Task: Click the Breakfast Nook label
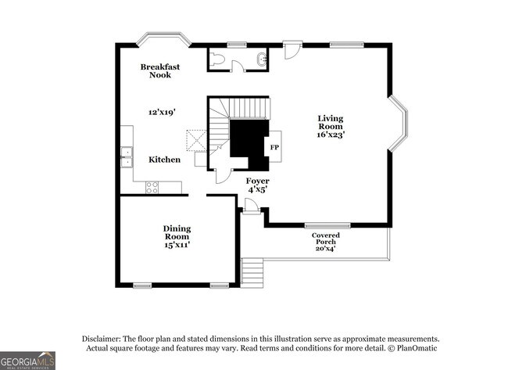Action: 160,70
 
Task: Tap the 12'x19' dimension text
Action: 162,113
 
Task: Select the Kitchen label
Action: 165,160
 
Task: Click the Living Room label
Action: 330,123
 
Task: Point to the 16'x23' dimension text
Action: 331,135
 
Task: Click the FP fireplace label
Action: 274,146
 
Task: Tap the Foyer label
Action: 257,181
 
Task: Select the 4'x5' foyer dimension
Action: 258,189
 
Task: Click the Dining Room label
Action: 177,232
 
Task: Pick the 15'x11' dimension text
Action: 177,245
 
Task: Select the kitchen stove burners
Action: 152,188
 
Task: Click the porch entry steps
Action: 252,273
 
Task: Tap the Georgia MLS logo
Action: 28,360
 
